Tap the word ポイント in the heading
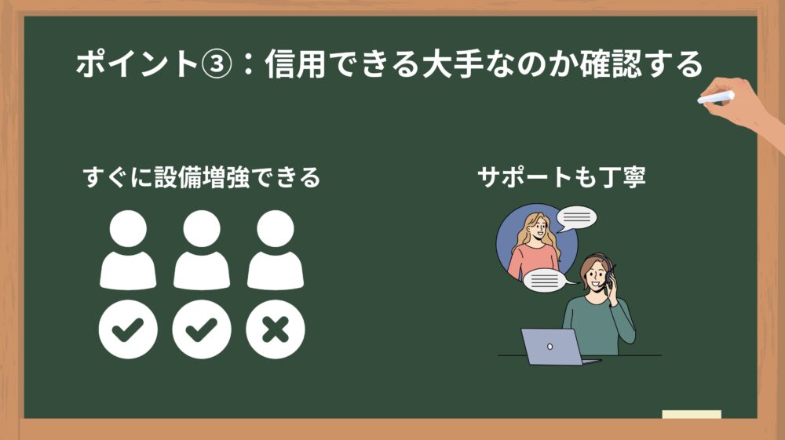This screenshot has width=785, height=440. (x=137, y=64)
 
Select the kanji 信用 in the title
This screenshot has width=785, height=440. (x=296, y=64)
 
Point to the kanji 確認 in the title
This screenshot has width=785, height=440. (x=611, y=64)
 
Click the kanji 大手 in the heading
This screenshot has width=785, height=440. (x=453, y=64)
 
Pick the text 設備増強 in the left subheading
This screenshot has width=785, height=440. (x=202, y=177)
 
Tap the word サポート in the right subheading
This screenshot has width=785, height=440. (x=524, y=177)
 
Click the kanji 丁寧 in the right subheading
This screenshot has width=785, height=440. (x=623, y=177)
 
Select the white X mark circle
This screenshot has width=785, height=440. (x=276, y=329)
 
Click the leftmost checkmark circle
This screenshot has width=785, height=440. (x=128, y=329)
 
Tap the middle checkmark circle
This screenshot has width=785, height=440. (x=202, y=329)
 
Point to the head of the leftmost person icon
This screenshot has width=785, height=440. (x=128, y=228)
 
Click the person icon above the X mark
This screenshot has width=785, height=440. (x=276, y=249)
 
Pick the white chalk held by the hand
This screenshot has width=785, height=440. (x=716, y=97)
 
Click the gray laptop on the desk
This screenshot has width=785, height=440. (x=556, y=347)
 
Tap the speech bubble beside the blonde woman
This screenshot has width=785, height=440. (x=577, y=219)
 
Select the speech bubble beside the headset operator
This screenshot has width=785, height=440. (x=546, y=281)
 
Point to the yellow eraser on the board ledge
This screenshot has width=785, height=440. (x=692, y=414)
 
